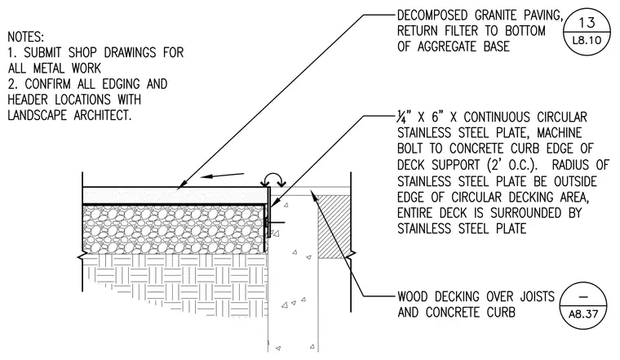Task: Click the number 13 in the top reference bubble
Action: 587,23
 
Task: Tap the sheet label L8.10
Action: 587,40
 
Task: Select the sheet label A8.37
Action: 583,314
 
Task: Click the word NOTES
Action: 26,37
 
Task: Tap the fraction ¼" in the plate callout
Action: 405,118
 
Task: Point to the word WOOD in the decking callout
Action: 413,296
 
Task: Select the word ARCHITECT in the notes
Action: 103,115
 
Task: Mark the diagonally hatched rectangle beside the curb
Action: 334,226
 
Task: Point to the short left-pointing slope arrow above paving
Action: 222,176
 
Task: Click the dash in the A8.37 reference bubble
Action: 583,297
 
